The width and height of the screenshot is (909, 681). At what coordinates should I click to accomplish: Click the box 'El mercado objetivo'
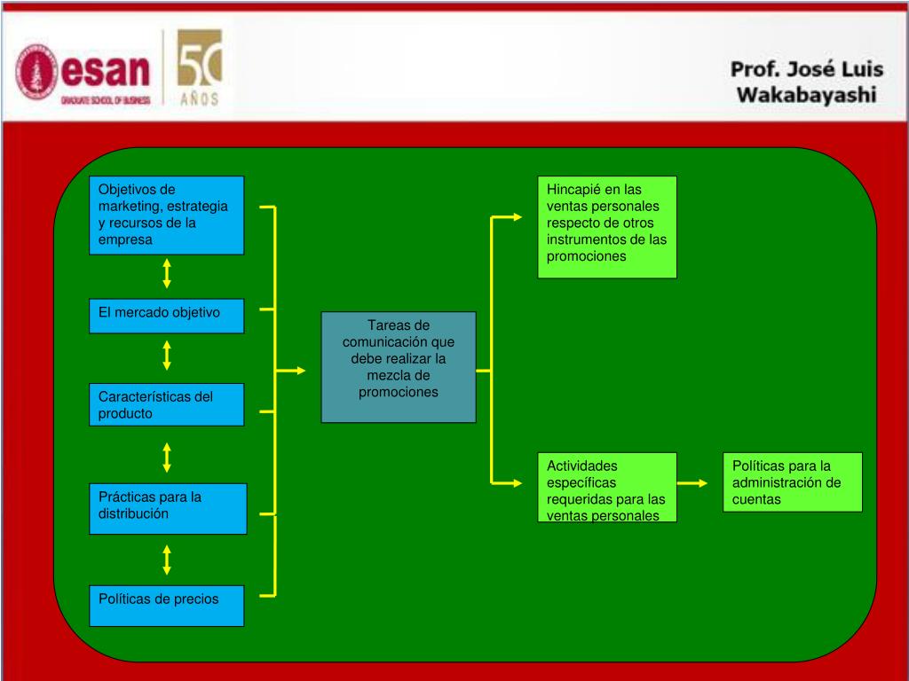[166, 316]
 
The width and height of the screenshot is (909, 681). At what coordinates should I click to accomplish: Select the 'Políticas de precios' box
[166, 606]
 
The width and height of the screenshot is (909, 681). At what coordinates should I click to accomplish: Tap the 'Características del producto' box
[166, 404]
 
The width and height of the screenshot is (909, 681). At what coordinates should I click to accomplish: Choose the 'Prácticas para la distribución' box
[167, 508]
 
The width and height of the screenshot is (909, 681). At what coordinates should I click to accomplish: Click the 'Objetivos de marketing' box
[166, 215]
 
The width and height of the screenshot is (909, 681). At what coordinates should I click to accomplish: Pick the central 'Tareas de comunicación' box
[399, 366]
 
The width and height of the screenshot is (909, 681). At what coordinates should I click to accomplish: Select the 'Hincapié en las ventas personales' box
[607, 227]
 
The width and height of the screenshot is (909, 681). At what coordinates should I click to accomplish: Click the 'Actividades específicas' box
[607, 487]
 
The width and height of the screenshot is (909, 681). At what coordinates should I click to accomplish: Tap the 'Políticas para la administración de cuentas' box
[792, 482]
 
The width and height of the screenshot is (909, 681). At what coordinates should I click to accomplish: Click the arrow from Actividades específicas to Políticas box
[692, 483]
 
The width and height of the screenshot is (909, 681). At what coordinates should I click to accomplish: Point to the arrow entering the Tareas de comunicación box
[290, 370]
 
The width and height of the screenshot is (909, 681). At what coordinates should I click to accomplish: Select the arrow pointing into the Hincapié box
[508, 216]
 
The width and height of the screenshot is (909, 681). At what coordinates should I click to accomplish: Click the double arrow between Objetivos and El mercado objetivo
[167, 273]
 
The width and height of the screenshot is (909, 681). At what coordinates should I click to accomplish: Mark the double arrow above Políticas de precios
[167, 560]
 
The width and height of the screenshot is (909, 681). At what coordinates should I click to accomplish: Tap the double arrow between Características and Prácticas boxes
[167, 458]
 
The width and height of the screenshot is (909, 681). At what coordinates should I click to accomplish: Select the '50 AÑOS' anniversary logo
[200, 67]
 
